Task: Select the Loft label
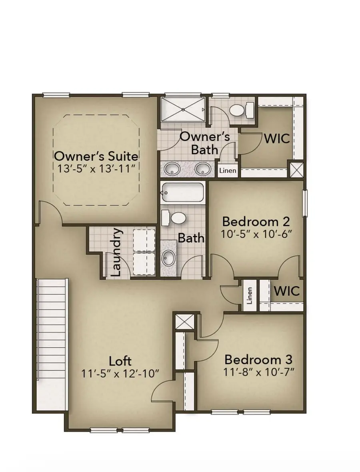click(120, 361)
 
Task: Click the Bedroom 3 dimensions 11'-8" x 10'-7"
click(259, 371)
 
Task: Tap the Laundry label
click(116, 253)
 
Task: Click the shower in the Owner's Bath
click(183, 110)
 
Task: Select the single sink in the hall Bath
click(168, 258)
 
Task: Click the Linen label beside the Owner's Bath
click(228, 171)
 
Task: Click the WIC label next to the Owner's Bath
click(276, 139)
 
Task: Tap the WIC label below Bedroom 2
click(286, 291)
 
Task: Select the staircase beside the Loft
click(52, 344)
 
